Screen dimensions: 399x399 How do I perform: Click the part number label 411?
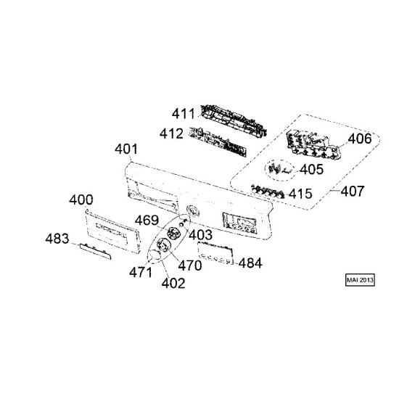[184, 114]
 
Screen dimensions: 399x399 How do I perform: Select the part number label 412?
[171, 133]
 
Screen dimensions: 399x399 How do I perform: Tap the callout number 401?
[126, 149]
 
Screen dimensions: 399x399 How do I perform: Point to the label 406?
[360, 139]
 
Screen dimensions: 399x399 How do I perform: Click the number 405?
[311, 169]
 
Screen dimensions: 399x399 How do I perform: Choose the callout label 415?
[300, 194]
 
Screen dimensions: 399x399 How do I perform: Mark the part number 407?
[353, 191]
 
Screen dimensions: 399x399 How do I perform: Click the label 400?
[81, 199]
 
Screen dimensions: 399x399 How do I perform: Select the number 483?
[57, 239]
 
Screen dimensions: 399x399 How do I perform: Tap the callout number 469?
[147, 220]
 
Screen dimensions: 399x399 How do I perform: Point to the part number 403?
[200, 234]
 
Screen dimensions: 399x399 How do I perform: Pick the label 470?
[190, 266]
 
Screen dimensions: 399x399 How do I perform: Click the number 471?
[141, 272]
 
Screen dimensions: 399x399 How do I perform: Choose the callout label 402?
[173, 283]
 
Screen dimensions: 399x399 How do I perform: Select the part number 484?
[250, 263]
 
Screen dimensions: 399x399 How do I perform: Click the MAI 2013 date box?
[360, 280]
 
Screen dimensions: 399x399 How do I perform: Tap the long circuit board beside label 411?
[234, 120]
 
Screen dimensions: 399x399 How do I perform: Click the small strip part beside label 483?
[96, 251]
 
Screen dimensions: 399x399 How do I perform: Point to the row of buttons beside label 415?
[268, 192]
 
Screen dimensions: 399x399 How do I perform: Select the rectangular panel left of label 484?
[215, 253]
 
